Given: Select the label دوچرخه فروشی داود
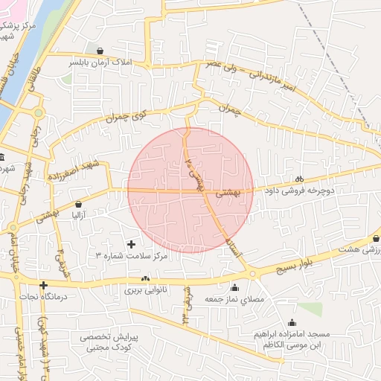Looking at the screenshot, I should pos(299,190).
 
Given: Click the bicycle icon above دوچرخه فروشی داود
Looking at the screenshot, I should pos(299,179).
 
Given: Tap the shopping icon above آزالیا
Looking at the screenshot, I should pos(80,203).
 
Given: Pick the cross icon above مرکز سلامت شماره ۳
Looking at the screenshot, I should pos(132,243).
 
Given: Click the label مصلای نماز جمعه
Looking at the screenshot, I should pos(235,299).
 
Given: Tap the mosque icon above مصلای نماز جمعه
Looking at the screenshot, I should pos(235,287).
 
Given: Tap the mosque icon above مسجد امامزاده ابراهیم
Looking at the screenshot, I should pos(290,323).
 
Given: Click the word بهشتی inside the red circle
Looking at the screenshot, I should pos(227,192).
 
